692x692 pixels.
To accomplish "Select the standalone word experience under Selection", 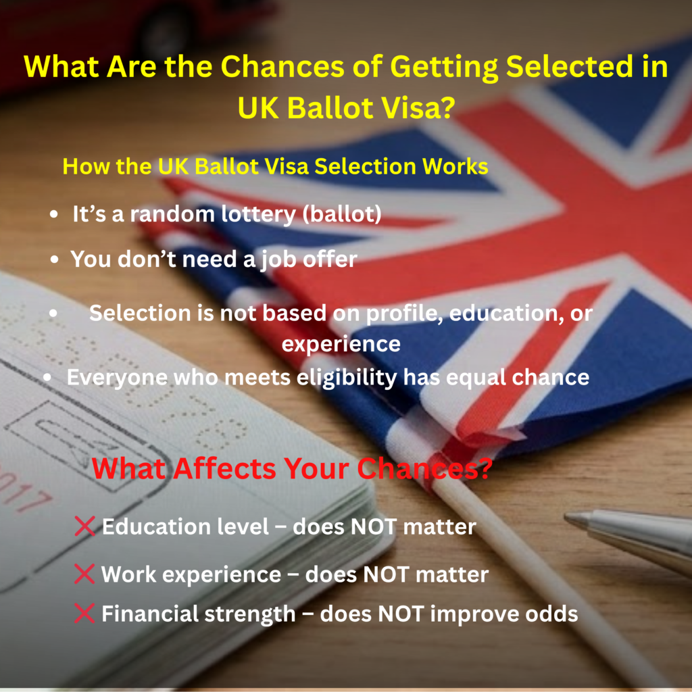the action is click(x=341, y=345).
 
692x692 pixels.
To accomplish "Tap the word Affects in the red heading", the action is click(x=224, y=468).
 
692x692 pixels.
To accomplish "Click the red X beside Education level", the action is click(x=84, y=526).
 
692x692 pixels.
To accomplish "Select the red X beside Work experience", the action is click(x=84, y=574).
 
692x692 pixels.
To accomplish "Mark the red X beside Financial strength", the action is click(x=84, y=614).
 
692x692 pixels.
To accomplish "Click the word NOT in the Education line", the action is click(x=373, y=527).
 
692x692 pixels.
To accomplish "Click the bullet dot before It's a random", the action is click(x=54, y=215).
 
